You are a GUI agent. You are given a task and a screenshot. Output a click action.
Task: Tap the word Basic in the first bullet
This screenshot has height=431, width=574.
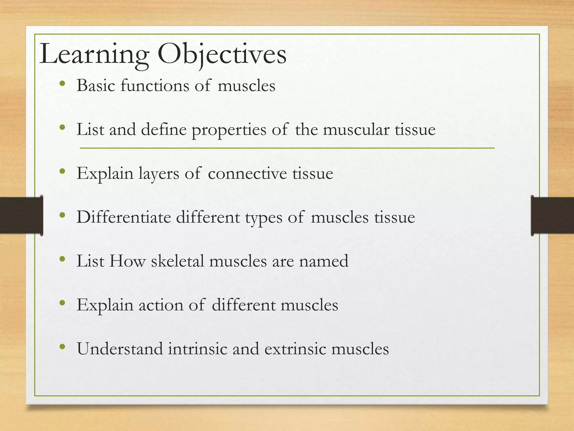pos(96,85)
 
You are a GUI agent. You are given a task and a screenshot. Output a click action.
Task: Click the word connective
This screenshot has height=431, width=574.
pos(247,173)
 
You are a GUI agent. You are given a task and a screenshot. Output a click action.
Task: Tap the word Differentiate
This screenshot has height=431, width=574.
pos(124,217)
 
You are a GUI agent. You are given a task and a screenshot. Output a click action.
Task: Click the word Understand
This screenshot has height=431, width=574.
pos(120,349)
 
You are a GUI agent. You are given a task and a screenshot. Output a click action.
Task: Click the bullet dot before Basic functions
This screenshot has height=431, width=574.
pos(63,84)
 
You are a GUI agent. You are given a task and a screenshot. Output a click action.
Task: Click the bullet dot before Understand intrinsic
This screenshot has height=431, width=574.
pos(63,347)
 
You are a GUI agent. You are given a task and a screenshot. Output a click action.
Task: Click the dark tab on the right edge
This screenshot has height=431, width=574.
pos(552,215)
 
